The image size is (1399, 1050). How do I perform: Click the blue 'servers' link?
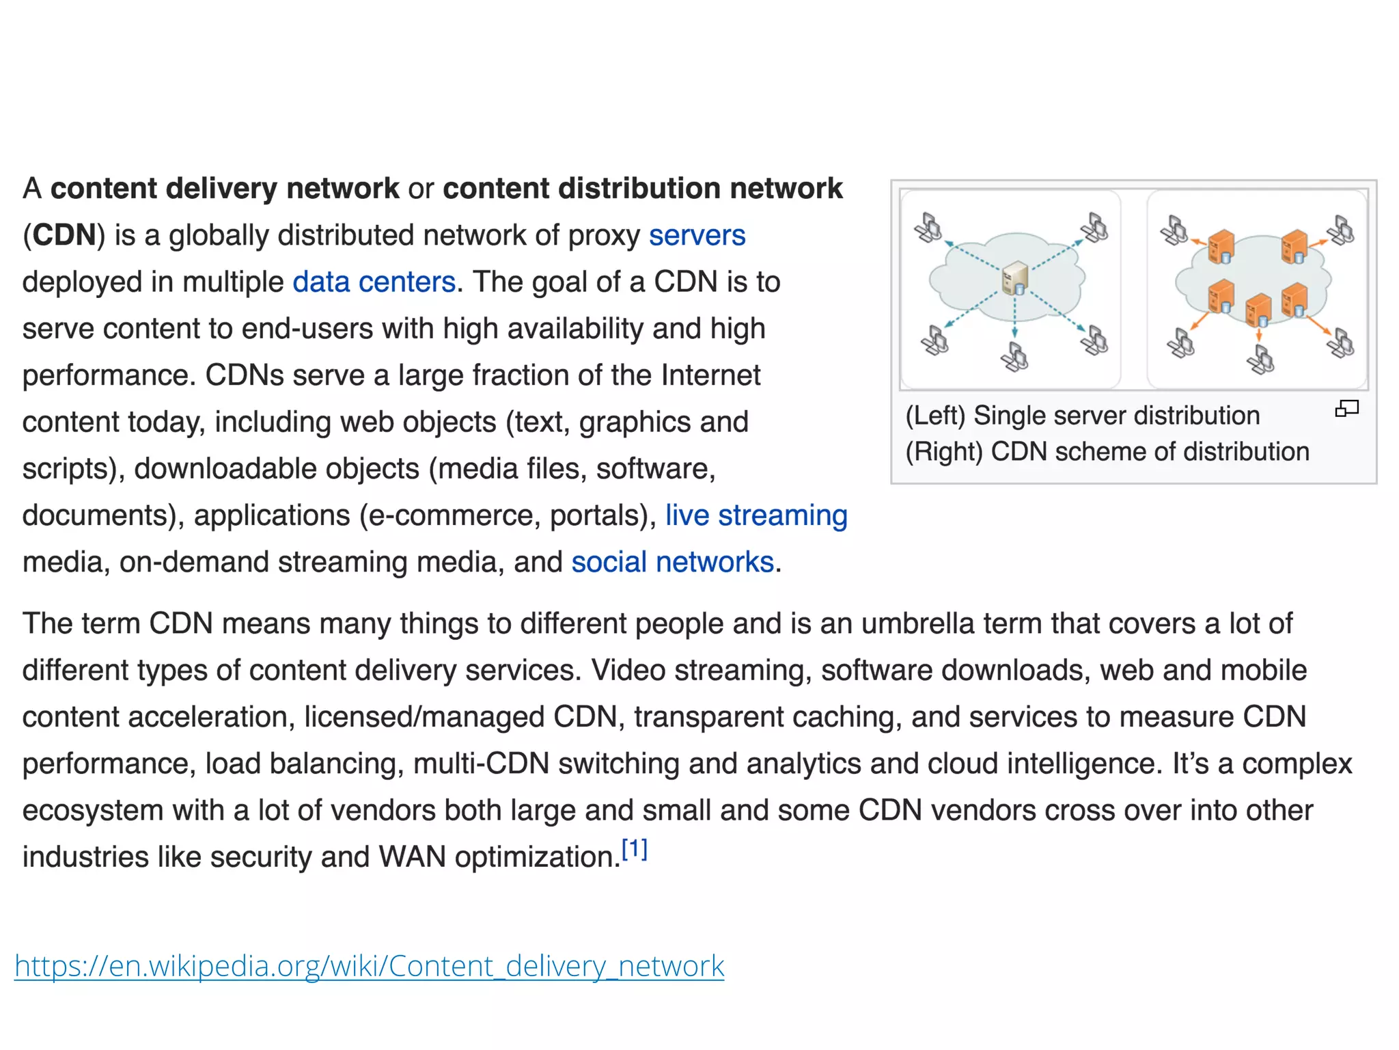tap(696, 236)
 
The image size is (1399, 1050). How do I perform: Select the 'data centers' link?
tap(374, 282)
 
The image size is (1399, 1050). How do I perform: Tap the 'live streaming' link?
tap(756, 515)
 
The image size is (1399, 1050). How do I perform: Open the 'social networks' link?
tap(672, 562)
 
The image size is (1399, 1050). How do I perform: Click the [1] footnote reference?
tap(634, 850)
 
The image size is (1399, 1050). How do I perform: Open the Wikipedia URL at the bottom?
tap(369, 966)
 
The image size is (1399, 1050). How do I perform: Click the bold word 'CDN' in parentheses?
tap(64, 236)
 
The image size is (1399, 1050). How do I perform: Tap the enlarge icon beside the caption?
tap(1346, 409)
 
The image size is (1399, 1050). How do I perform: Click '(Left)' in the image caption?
tap(934, 416)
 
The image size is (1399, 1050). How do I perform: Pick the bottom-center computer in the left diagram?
tap(1014, 355)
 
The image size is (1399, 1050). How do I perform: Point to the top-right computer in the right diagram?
tap(1342, 229)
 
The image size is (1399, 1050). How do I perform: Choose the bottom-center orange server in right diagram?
tap(1258, 310)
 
